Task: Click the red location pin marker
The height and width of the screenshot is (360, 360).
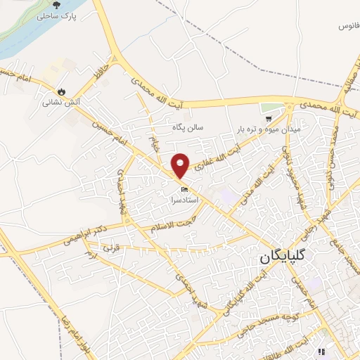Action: tap(181, 165)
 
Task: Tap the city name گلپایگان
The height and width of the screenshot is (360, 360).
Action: tap(285, 257)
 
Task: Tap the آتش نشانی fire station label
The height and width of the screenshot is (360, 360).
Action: tap(62, 102)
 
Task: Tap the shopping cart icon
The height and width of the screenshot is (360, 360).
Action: tap(268, 120)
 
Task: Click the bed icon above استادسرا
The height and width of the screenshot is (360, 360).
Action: tap(185, 189)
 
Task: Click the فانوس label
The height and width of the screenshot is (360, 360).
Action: tap(347, 26)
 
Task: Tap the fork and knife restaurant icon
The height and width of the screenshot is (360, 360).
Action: tap(321, 352)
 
